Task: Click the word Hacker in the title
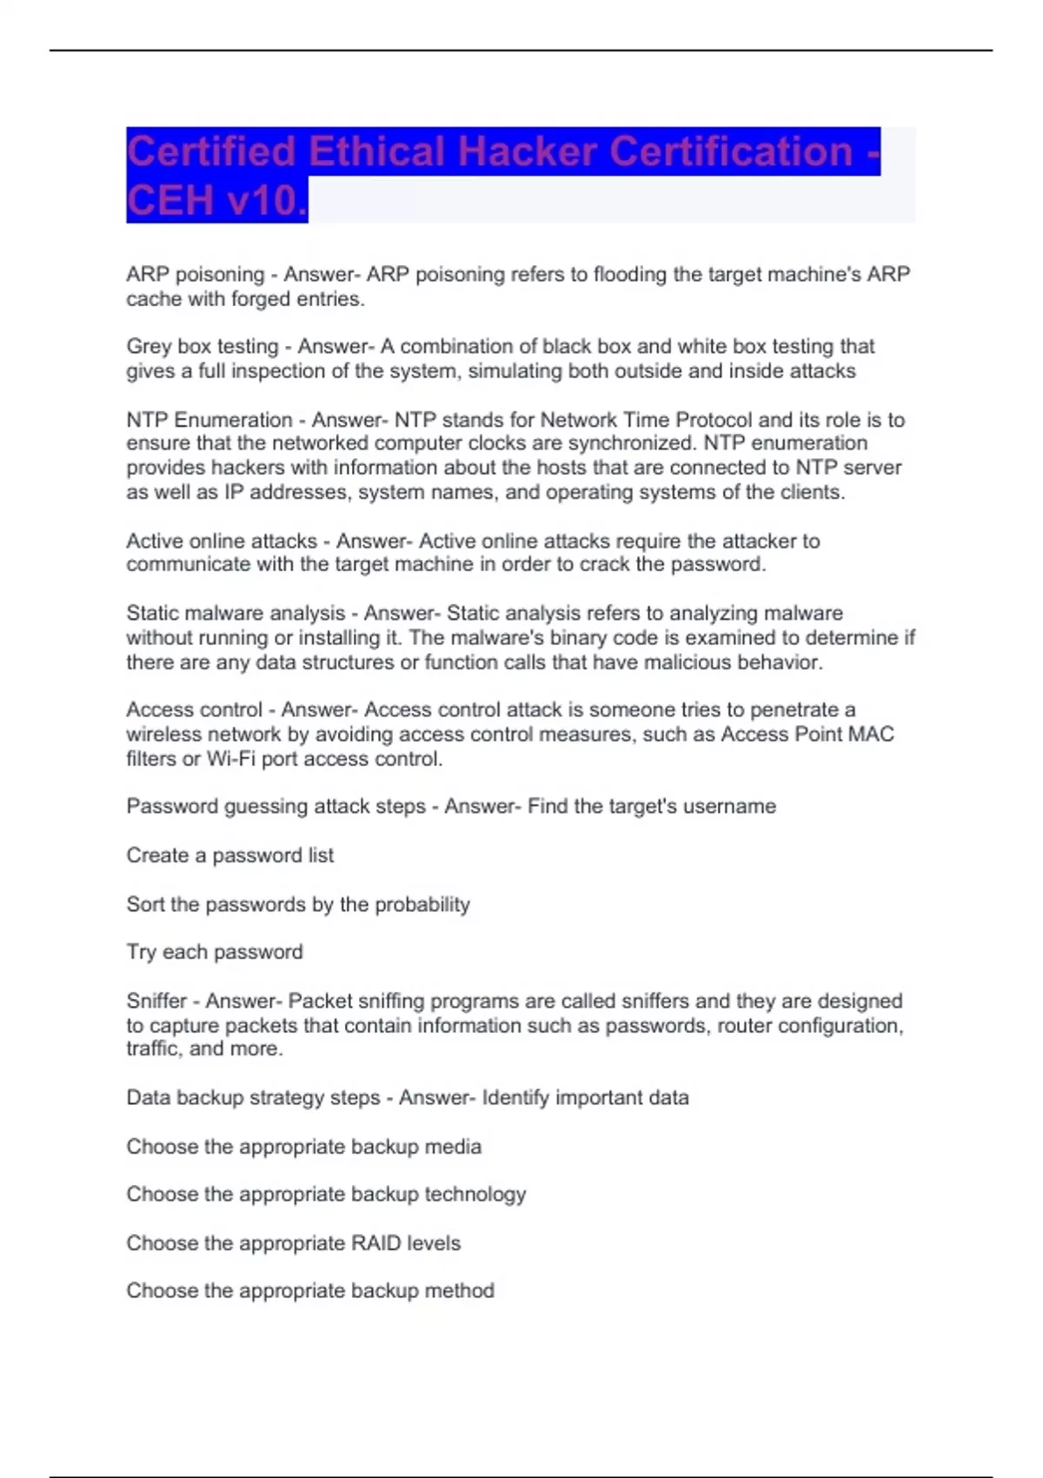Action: click(527, 152)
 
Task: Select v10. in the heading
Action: click(266, 201)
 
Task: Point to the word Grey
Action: click(149, 346)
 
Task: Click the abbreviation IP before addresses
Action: click(234, 492)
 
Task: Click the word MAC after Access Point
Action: click(871, 734)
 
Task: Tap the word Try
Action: click(142, 952)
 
